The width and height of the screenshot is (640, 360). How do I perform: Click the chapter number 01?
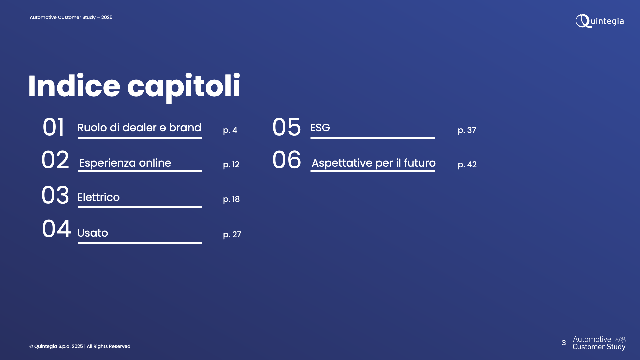(x=53, y=127)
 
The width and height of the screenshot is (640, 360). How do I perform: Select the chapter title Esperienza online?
(x=125, y=163)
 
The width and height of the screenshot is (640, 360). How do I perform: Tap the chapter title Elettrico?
(x=98, y=197)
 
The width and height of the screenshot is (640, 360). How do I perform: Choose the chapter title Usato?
(x=93, y=233)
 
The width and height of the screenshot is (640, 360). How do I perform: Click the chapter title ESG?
(x=320, y=128)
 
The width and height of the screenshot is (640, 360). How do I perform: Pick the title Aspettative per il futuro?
(x=374, y=163)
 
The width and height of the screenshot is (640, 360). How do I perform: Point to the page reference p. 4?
(x=230, y=130)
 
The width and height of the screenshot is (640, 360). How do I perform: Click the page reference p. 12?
(x=231, y=165)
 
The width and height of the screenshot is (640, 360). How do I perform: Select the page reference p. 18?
(x=231, y=199)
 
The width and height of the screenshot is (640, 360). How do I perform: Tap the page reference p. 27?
(x=232, y=235)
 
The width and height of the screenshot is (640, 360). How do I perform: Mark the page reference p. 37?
(x=467, y=130)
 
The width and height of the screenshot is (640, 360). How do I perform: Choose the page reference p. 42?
(x=467, y=165)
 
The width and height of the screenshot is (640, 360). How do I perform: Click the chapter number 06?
(x=287, y=160)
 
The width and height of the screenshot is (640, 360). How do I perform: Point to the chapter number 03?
(x=55, y=195)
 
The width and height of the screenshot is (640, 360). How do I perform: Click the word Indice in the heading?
(x=74, y=86)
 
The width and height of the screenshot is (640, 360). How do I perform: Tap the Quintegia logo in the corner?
(x=600, y=21)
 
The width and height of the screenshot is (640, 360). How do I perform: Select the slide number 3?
(x=564, y=343)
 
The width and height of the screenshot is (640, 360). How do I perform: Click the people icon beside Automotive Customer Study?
(x=620, y=340)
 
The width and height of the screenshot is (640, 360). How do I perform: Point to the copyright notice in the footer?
(x=80, y=346)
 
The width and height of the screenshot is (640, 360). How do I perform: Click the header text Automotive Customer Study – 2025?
(x=71, y=17)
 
